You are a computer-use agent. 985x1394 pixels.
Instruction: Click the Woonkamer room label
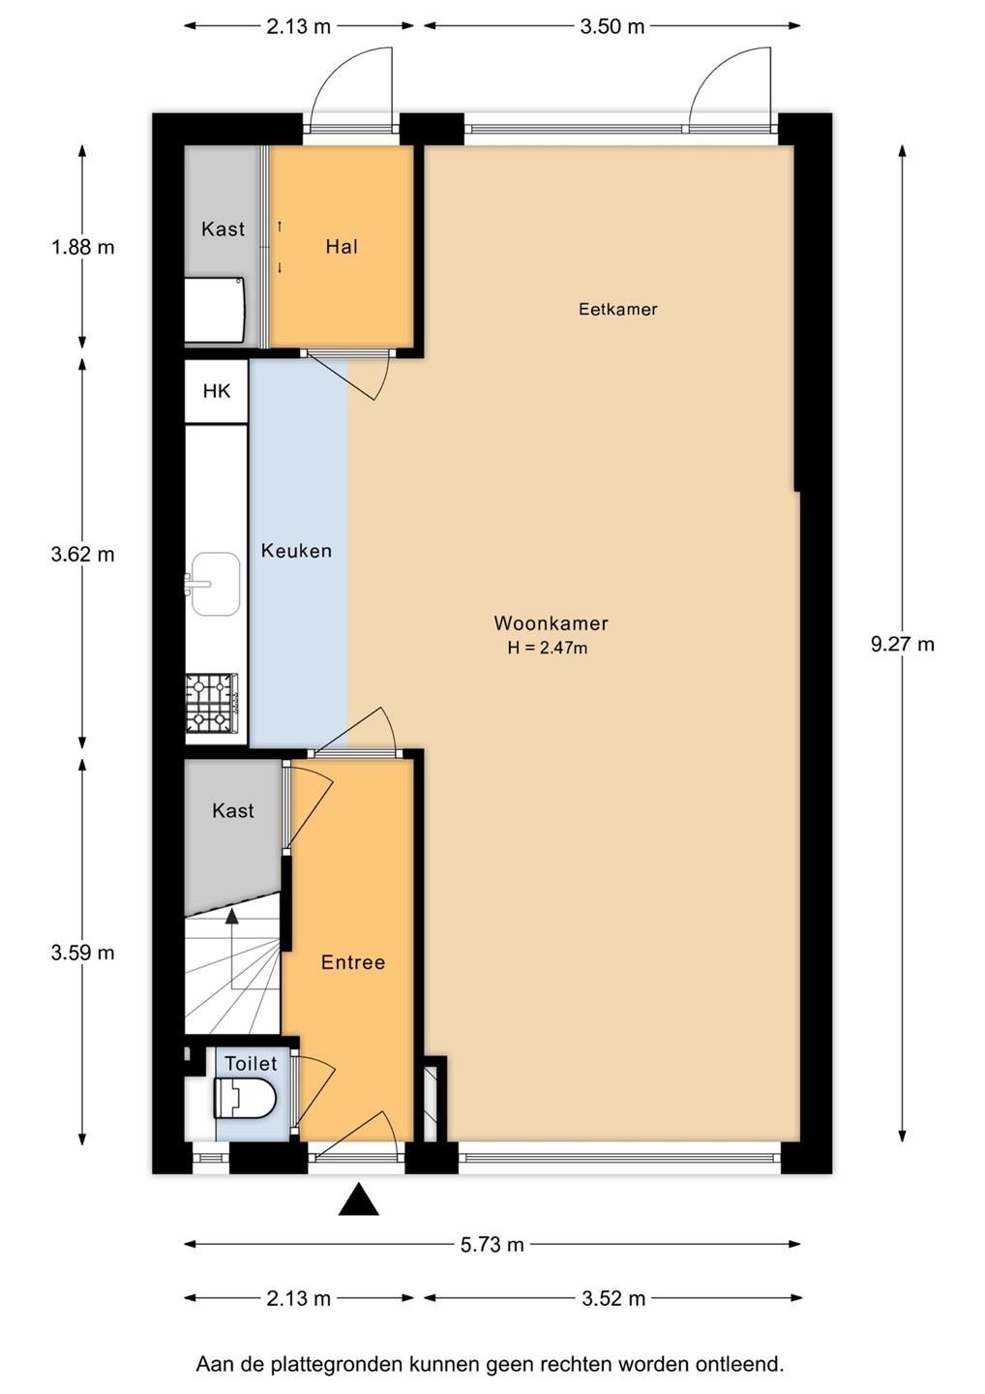[551, 623]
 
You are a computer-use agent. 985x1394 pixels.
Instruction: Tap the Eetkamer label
[617, 310]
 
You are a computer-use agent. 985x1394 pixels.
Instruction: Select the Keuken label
[296, 551]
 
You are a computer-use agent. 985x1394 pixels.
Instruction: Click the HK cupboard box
[217, 391]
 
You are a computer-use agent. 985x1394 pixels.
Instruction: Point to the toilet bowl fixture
[245, 1099]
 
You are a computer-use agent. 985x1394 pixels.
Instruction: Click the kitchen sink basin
[215, 583]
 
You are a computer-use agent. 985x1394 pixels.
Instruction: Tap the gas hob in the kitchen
[212, 703]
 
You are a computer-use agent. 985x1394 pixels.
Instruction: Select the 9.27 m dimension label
[903, 644]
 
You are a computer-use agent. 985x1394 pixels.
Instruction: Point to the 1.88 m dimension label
[82, 248]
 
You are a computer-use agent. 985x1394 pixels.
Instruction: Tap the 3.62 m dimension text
[82, 554]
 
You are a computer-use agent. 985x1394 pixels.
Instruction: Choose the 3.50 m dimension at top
[612, 27]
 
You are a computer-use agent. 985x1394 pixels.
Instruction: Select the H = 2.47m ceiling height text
[548, 648]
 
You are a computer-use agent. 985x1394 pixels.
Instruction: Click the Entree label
[352, 962]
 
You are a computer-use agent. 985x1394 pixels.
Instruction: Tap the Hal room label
[342, 247]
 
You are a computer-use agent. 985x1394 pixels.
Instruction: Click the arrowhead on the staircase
[231, 915]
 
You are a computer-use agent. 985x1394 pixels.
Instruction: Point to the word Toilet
[251, 1064]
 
